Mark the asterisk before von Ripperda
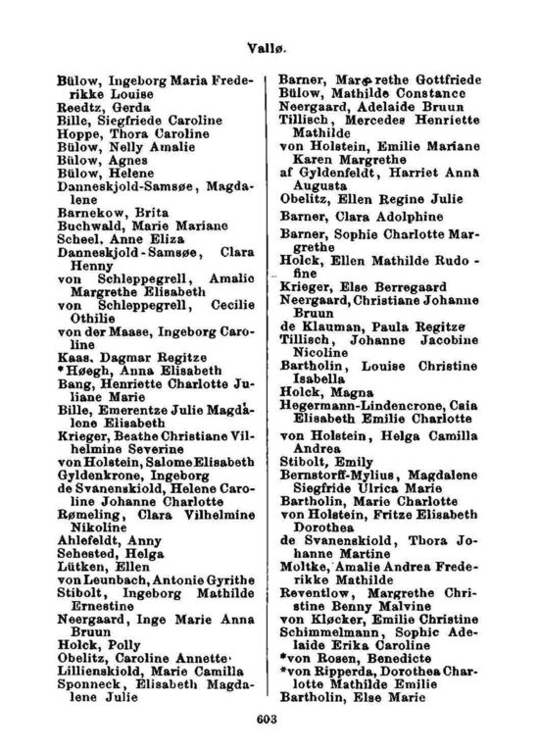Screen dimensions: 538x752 pyautogui.click(x=283, y=674)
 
